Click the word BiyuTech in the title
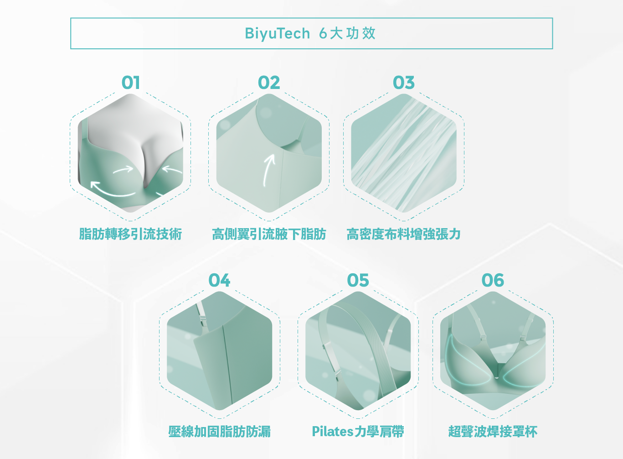[277, 33]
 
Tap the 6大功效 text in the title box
[347, 33]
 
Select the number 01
[130, 83]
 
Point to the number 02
[269, 83]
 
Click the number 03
[404, 83]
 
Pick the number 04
[219, 280]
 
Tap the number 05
[358, 280]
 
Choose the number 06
[493, 280]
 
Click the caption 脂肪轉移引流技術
[130, 234]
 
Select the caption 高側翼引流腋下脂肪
[269, 234]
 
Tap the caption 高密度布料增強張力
[404, 234]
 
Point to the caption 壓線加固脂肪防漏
[219, 431]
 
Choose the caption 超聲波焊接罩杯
[493, 431]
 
